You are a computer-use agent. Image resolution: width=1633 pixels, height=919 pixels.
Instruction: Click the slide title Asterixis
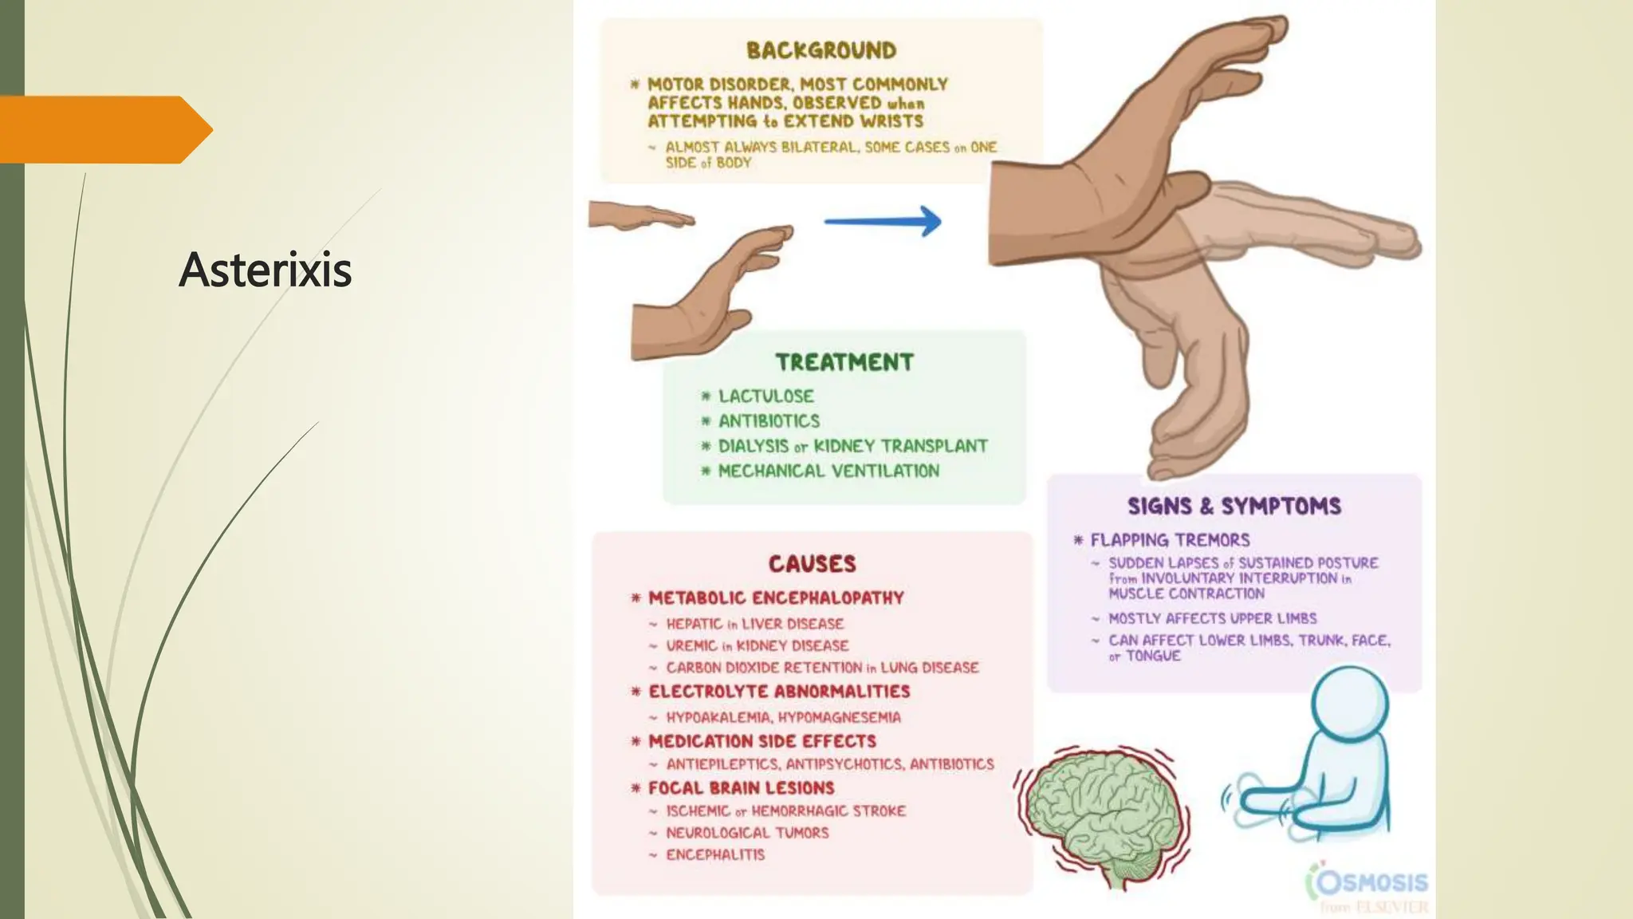[265, 270]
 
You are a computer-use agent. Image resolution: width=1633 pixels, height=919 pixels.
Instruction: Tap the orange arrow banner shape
[104, 129]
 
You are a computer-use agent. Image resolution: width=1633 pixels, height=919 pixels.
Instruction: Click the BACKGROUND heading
[821, 50]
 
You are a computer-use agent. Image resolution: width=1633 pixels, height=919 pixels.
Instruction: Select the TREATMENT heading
[844, 362]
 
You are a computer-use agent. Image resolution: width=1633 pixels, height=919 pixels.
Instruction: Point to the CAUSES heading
[812, 564]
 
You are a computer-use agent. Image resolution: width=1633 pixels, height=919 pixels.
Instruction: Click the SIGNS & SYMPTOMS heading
[1234, 506]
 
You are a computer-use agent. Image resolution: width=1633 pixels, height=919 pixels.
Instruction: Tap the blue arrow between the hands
[883, 221]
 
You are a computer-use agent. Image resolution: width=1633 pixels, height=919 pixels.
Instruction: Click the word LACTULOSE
[765, 396]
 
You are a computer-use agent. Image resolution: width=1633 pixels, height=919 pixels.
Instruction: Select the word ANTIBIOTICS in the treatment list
[769, 421]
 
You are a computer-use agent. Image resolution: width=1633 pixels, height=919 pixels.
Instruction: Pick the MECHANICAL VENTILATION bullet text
[828, 471]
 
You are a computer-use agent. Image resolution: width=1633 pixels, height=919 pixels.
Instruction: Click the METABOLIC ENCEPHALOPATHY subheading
[776, 598]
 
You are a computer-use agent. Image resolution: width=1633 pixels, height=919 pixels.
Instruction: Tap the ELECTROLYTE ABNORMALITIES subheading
[779, 692]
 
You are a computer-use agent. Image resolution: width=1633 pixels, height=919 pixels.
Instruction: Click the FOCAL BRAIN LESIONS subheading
[741, 788]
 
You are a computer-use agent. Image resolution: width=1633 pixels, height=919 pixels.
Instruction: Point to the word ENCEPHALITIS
[715, 854]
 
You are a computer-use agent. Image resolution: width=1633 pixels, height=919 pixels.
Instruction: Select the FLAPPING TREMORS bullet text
[1170, 540]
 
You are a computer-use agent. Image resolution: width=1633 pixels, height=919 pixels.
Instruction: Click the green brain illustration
[1100, 814]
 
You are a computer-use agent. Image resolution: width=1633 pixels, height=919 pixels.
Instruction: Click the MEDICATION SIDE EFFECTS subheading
[761, 741]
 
